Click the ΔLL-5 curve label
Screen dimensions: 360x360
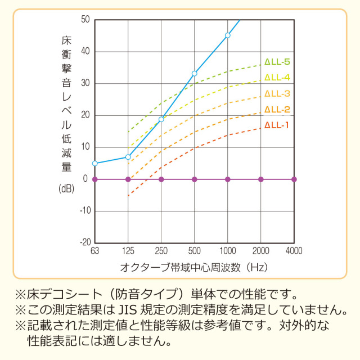[x=277, y=62]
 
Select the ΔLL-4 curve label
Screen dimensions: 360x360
[x=277, y=77]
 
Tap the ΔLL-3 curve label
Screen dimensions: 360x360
[x=277, y=93]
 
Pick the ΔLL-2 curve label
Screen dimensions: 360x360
[x=277, y=109]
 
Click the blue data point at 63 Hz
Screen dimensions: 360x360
[x=95, y=163]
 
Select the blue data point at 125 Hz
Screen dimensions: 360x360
[x=128, y=157]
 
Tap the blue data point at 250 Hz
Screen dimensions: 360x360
[x=161, y=119]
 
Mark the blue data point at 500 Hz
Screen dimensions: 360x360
[x=195, y=73]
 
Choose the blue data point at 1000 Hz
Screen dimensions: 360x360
[x=228, y=35]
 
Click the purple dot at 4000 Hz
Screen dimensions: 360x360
[x=294, y=179]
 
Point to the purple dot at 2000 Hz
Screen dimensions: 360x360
[x=261, y=179]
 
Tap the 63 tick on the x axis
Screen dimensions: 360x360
[x=95, y=250]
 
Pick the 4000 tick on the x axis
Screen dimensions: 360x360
[x=294, y=250]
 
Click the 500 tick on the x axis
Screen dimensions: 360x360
[x=195, y=250]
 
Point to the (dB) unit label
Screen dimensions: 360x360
[x=66, y=189]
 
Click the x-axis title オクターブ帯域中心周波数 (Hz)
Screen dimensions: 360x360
[x=193, y=265]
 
